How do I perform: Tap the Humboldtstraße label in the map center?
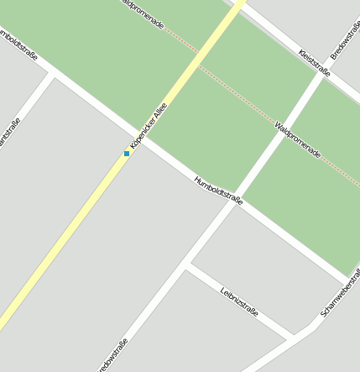point(218,191)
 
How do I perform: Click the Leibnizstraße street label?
point(239,301)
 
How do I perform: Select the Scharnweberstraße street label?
point(340,298)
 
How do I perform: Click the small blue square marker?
point(127,154)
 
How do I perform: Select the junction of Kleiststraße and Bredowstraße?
point(322,74)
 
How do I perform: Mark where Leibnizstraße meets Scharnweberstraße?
point(295,336)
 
